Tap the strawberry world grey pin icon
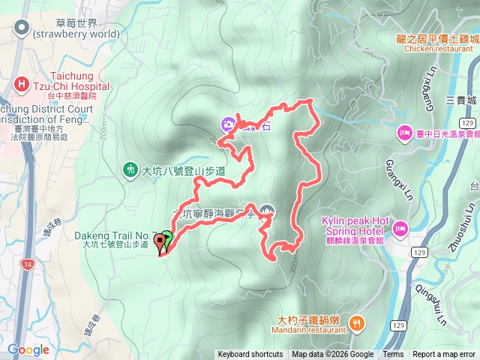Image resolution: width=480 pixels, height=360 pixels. click(x=21, y=28)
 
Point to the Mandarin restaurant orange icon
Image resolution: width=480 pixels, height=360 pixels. click(x=356, y=322)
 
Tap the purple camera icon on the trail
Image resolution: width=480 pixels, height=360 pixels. click(x=226, y=124)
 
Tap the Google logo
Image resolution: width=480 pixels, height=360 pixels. click(x=28, y=349)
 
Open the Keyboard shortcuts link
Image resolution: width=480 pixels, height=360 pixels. click(x=250, y=355)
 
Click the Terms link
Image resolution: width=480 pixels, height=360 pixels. click(x=393, y=355)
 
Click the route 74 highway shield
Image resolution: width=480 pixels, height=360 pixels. click(x=28, y=264)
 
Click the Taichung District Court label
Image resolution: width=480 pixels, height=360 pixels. click(x=45, y=109)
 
